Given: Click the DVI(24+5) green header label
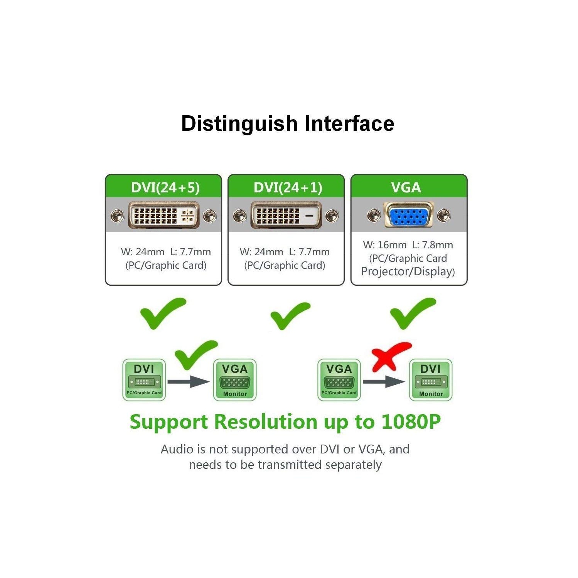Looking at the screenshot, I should (x=165, y=187).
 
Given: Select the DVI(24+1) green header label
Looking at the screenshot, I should (x=288, y=187).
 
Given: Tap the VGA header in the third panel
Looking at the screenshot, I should (x=406, y=187).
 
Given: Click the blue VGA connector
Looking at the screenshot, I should (x=408, y=215).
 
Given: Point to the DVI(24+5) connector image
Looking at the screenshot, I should (x=163, y=215).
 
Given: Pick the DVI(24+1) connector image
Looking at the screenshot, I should (x=286, y=215).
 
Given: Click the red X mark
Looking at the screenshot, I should (x=390, y=356).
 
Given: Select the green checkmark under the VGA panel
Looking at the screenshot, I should (x=413, y=313).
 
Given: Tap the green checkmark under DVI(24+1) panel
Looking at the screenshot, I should (x=290, y=315).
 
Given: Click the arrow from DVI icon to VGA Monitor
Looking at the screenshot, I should (x=189, y=382).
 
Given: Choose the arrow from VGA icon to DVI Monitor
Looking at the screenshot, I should (x=384, y=382).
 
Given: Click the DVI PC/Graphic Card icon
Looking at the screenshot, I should (x=144, y=380).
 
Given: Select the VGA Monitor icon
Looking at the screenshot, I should (x=235, y=380).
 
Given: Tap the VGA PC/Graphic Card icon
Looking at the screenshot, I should (x=339, y=380).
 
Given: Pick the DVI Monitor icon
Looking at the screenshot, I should (x=430, y=380).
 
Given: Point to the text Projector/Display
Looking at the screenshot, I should (x=407, y=271).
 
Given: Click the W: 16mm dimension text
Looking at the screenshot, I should (x=384, y=245).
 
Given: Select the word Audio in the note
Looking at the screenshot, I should (x=177, y=449).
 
